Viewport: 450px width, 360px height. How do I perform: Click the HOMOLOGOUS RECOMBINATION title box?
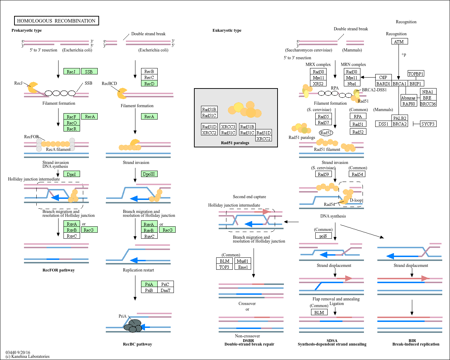coord(56,21)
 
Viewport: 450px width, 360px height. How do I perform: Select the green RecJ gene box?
coord(72,72)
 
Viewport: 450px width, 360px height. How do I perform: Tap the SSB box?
coord(89,72)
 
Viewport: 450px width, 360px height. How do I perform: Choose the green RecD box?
coord(149,84)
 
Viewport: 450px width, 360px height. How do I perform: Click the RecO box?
coord(72,123)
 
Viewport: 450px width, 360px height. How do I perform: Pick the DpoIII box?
coord(149,174)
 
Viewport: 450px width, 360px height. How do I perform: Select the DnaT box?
coord(165,290)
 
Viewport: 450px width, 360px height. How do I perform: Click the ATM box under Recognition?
coord(399,42)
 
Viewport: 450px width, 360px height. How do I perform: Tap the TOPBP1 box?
coord(416,74)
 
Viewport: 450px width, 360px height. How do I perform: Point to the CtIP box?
coord(383,77)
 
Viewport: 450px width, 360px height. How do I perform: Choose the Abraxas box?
coord(408,98)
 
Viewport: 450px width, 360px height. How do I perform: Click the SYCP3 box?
coord(428,124)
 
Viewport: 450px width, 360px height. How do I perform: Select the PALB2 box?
coord(400,118)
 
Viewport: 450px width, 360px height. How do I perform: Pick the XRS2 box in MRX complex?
coord(318,84)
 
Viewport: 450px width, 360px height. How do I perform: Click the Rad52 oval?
coord(326,133)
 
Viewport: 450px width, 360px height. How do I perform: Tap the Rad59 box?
coord(323,174)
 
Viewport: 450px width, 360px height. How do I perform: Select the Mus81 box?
coord(243,261)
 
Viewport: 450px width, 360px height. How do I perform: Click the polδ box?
coord(323,236)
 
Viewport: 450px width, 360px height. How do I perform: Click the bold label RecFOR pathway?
coord(59,270)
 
